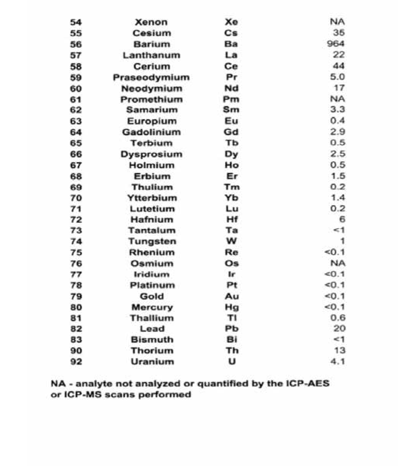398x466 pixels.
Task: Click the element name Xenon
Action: [x=151, y=22]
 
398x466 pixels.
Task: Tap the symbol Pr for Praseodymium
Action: [x=231, y=77]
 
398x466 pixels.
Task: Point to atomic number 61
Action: [x=76, y=99]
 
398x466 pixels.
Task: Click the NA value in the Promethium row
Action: [x=337, y=99]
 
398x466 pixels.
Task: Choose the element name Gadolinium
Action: [x=151, y=132]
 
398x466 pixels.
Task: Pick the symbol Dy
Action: [x=231, y=154]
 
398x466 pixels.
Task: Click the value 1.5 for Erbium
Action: [x=338, y=176]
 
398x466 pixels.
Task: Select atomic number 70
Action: [x=76, y=198]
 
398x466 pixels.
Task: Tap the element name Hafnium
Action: [x=152, y=220]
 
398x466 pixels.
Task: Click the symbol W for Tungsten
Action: [x=231, y=241]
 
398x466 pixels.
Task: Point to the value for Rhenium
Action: [x=335, y=252]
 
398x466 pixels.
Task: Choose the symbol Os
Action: [x=232, y=263]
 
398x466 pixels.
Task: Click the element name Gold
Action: [x=152, y=296]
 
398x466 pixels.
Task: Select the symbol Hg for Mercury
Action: [x=232, y=307]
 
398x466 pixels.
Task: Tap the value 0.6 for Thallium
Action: [x=338, y=318]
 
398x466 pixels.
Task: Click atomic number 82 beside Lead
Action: [x=76, y=329]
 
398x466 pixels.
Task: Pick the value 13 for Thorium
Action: [x=340, y=350]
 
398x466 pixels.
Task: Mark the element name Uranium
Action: [x=152, y=362]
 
